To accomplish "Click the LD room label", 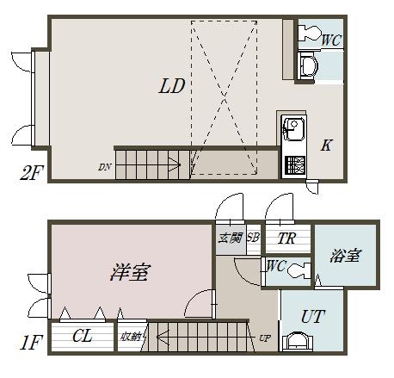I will pos(172,86).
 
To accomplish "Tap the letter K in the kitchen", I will pos(326,145).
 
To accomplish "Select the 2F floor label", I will pos(31,174).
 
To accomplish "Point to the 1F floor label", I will pos(30,342).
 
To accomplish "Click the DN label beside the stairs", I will pos(105,165).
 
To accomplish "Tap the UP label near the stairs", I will pos(264,338).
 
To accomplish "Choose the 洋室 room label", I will pos(129,273).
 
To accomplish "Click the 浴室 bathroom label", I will pos(345,256).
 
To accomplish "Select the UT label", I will pos(311,317).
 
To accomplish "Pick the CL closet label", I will pos(83,336).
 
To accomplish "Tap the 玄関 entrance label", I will pos(229,238).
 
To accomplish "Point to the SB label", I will pos(253,238).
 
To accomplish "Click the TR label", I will pos(286,239).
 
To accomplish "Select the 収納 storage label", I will pos(130,337).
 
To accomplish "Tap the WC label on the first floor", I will pos(276,266).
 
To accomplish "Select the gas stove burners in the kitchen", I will pos(294,163).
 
